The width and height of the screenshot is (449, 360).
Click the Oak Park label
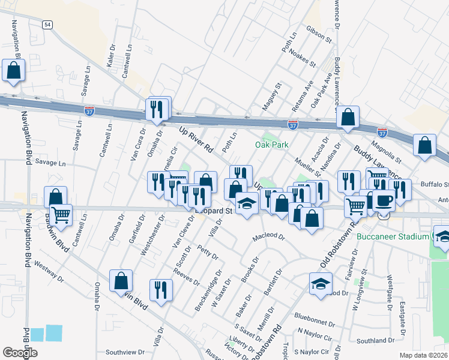(272, 145)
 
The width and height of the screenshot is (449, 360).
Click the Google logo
(20, 353)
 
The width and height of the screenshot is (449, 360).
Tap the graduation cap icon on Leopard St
(246, 205)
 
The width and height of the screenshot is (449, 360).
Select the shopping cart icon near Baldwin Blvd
(61, 214)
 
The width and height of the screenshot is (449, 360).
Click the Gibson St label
(319, 37)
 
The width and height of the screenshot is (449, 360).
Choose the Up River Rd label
(196, 137)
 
